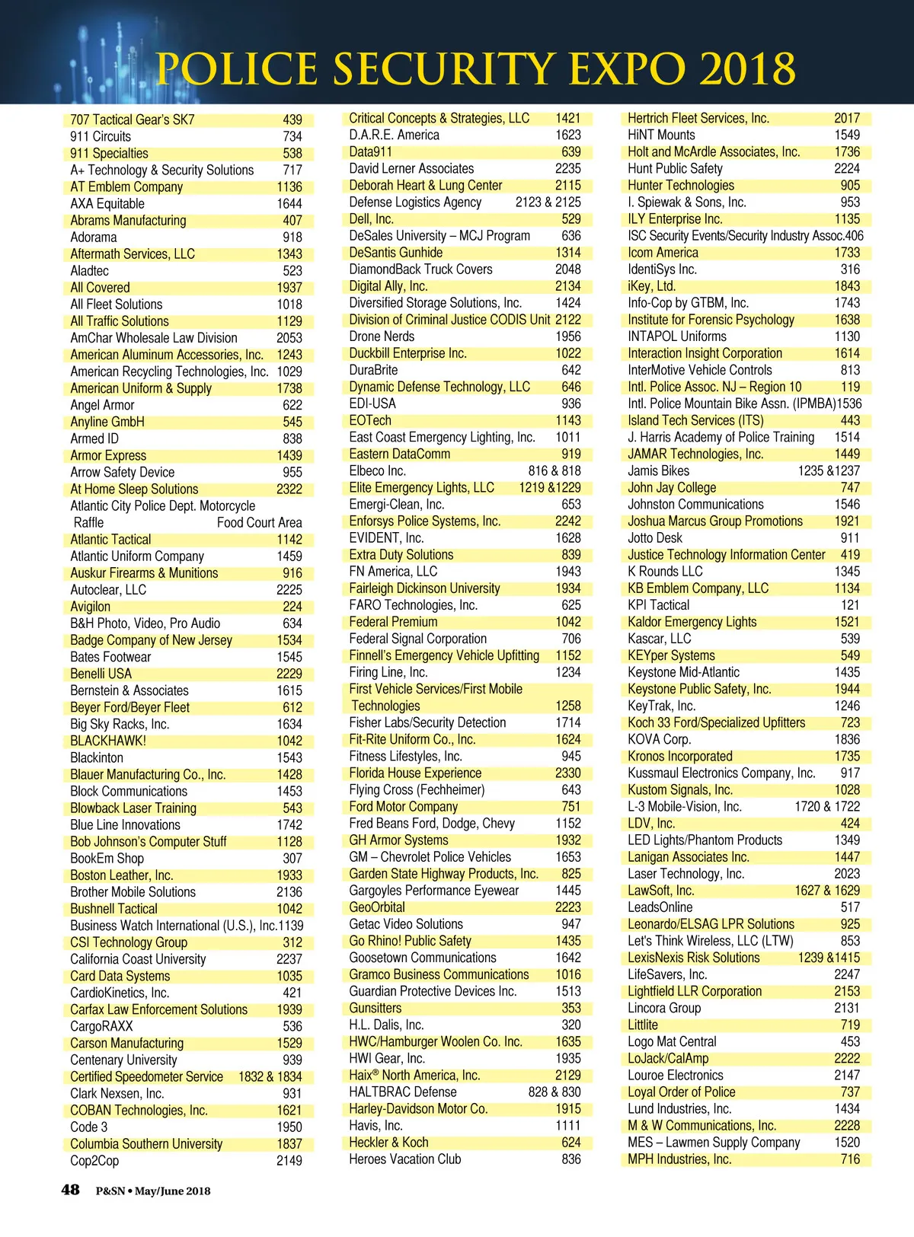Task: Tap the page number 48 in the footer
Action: coord(70,1189)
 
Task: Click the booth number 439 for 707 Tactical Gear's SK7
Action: coord(292,120)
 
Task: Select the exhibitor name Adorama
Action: coord(94,237)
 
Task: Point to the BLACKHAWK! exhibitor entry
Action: coord(108,741)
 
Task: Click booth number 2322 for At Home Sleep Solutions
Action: coord(289,489)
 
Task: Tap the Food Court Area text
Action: coord(259,522)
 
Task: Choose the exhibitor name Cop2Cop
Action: coord(94,1160)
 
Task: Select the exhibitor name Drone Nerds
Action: coord(382,336)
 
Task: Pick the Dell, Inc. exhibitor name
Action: coord(371,218)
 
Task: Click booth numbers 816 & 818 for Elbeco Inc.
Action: coord(554,470)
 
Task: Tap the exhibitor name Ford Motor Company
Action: coord(404,806)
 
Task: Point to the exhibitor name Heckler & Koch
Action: coord(388,1142)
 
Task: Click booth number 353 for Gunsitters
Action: coord(570,1008)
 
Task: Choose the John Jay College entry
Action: coord(672,487)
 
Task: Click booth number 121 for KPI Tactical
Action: coord(850,604)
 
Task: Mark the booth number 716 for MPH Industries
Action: coord(850,1159)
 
